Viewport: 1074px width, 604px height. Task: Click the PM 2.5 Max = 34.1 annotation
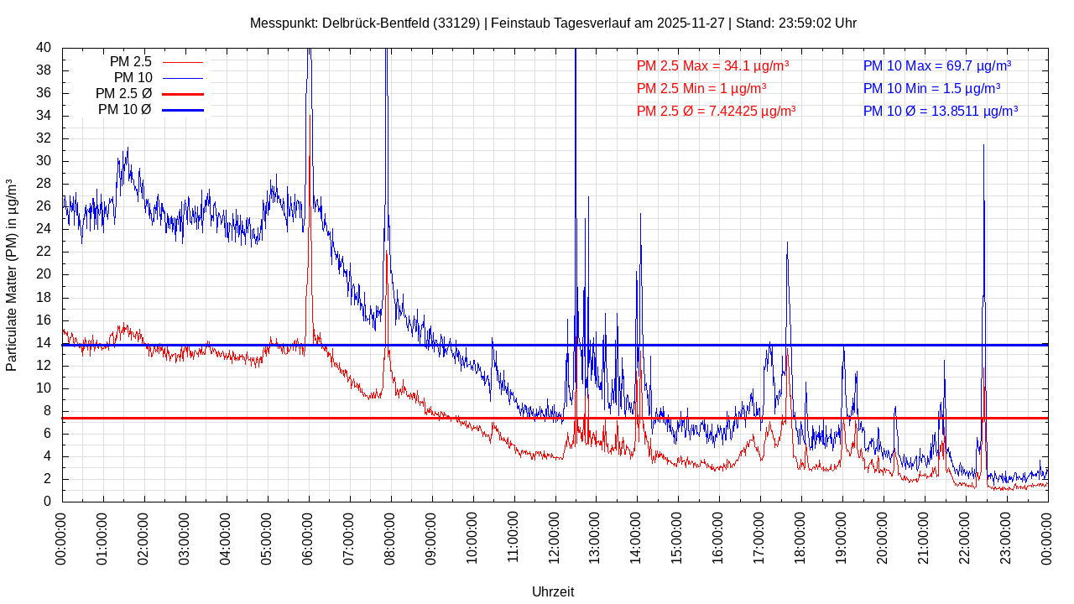click(x=712, y=65)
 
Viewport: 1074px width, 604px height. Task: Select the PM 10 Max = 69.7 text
click(x=936, y=65)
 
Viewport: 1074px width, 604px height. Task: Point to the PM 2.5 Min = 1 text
click(x=701, y=88)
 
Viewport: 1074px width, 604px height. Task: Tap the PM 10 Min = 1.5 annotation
click(x=931, y=88)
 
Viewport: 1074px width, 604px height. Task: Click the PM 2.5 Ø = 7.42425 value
click(x=716, y=111)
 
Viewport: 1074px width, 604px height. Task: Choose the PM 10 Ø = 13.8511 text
click(x=940, y=111)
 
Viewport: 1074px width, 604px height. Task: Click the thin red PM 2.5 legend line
click(x=182, y=62)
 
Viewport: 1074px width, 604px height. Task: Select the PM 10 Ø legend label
click(x=124, y=109)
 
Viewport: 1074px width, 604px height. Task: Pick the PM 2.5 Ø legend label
click(x=123, y=93)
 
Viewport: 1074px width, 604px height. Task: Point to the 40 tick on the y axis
click(x=44, y=48)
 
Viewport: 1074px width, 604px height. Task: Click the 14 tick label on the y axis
click(x=44, y=343)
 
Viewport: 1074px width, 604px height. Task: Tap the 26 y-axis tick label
click(x=44, y=206)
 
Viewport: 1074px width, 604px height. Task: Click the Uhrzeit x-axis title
click(x=553, y=591)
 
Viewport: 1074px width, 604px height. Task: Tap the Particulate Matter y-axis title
click(x=12, y=275)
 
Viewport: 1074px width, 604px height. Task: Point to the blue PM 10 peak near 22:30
click(x=983, y=147)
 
